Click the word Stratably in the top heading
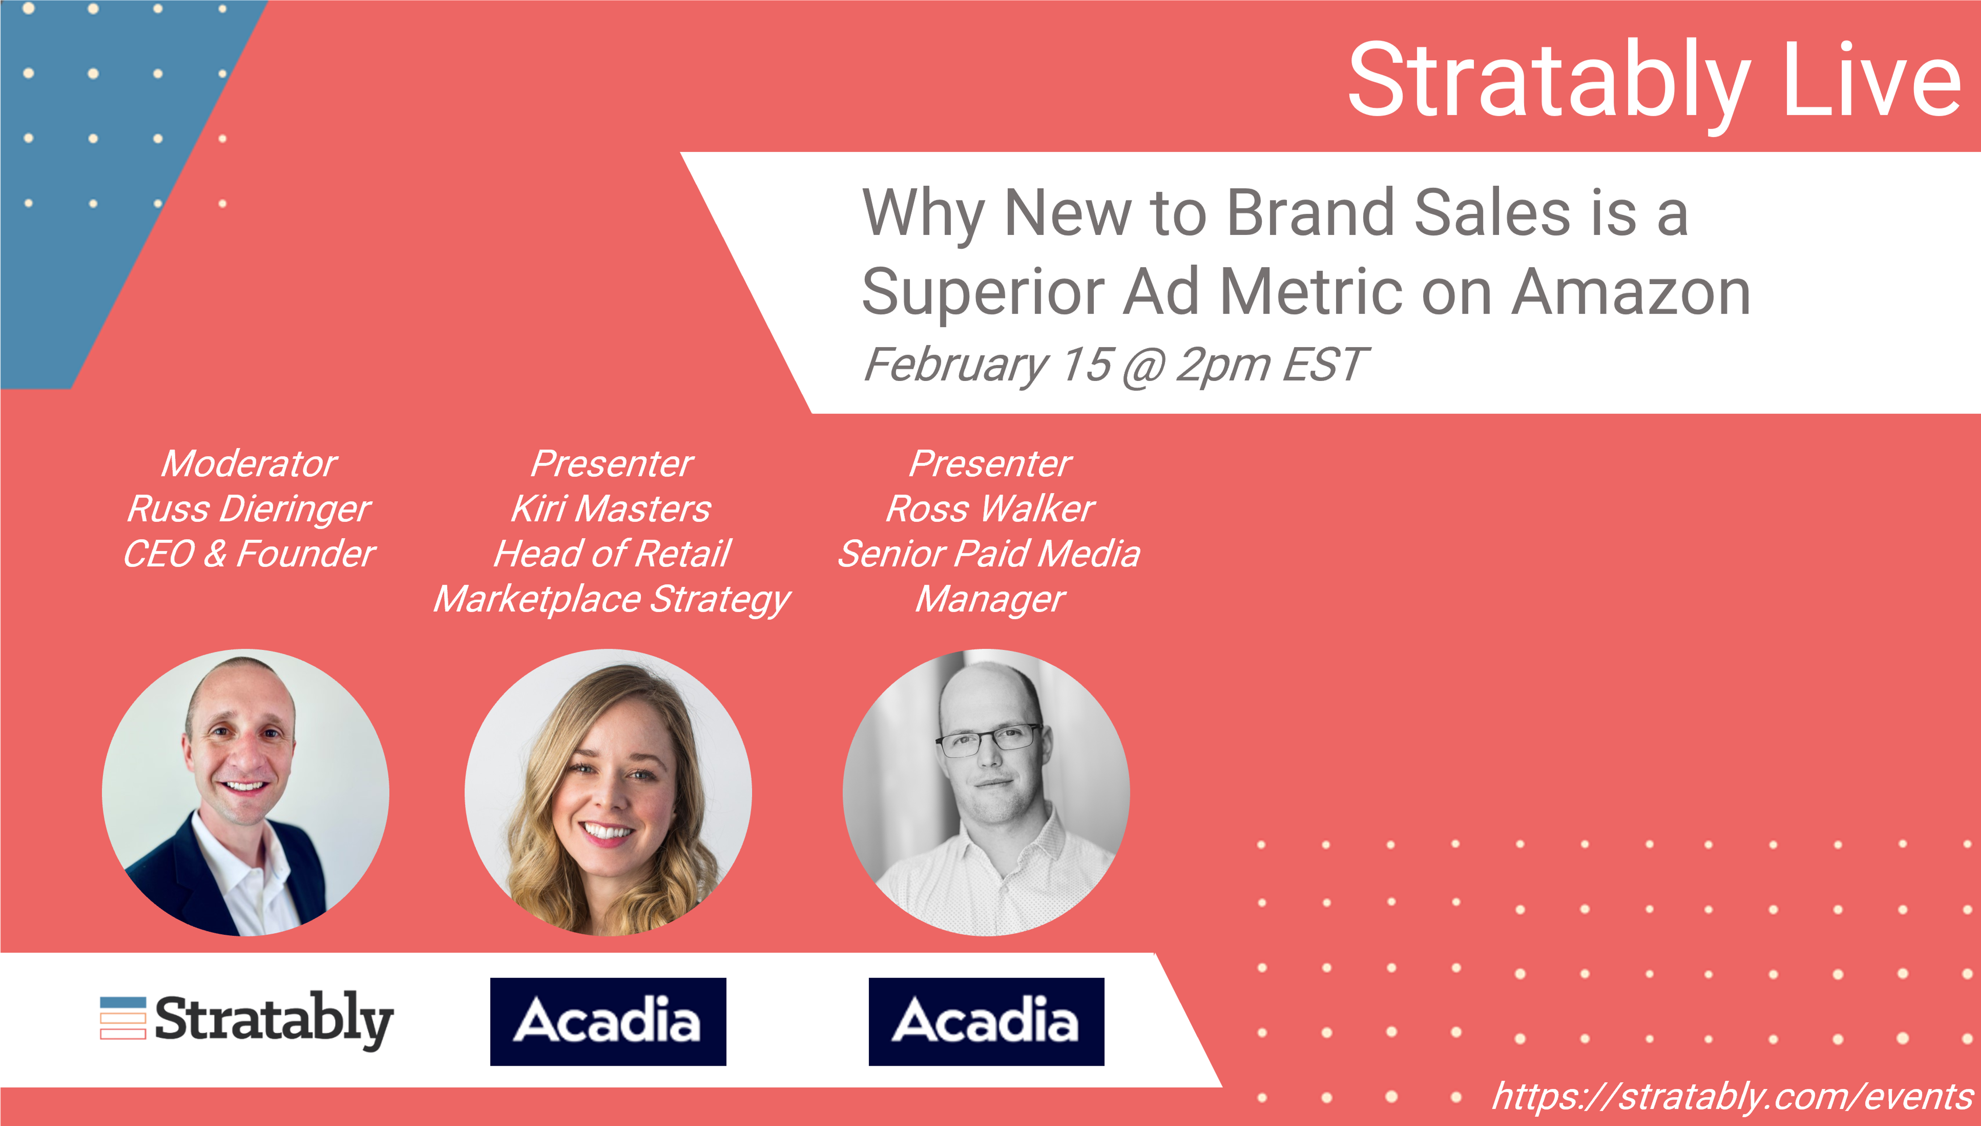coord(1549,81)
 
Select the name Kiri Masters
coord(611,509)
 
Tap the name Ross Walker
coord(990,509)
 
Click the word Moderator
coord(249,464)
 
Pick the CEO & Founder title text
coord(249,554)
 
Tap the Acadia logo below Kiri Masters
coord(608,1021)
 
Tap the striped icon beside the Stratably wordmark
coord(123,1018)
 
